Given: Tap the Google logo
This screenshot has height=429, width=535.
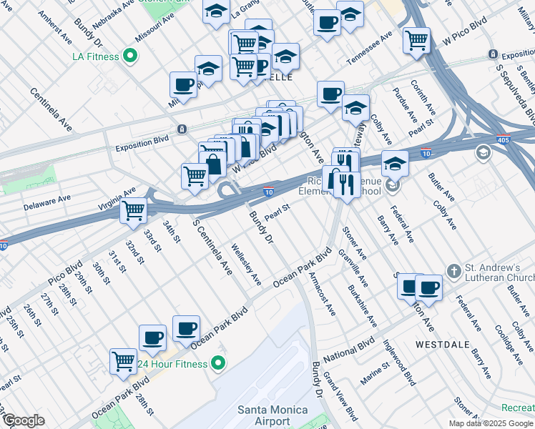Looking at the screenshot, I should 23,420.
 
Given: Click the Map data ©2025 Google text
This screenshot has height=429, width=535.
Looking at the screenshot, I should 490,423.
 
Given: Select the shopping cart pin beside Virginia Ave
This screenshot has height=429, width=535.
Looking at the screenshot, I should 133,210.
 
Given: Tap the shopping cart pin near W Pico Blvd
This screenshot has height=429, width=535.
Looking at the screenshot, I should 416,40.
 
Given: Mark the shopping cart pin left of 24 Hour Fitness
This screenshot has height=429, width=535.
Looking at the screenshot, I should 123,361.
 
